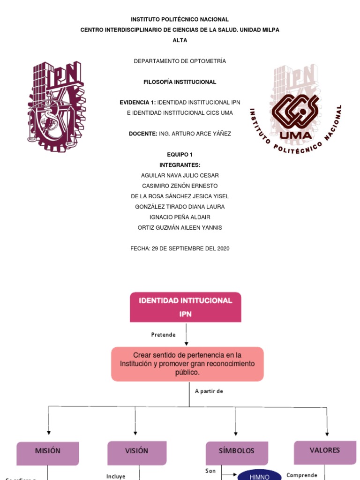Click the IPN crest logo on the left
coord(56,102)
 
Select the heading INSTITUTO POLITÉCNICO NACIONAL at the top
coord(180,20)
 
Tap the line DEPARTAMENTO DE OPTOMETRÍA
coord(180,61)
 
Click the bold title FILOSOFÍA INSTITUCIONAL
coord(180,82)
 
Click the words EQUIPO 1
coord(180,155)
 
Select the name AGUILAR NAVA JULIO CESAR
coord(180,175)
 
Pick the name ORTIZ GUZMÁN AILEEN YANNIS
coord(180,227)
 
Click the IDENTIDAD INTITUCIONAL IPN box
coord(186,307)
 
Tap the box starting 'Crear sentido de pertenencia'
coord(187,364)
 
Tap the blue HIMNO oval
coord(260,476)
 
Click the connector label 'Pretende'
coord(163,335)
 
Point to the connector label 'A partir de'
coord(209,391)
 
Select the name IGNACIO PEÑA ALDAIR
coord(180,217)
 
